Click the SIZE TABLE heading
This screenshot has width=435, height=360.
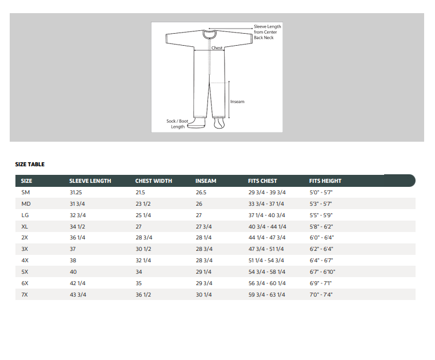pyautogui.click(x=30, y=164)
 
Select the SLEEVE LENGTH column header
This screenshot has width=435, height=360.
pyautogui.click(x=90, y=181)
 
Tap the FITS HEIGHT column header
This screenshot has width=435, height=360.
pyautogui.click(x=325, y=181)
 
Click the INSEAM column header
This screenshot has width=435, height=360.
pyautogui.click(x=206, y=181)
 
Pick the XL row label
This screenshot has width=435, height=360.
pyautogui.click(x=25, y=227)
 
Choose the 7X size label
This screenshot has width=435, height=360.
pyautogui.click(x=25, y=294)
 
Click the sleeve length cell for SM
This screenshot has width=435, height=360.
pyautogui.click(x=75, y=193)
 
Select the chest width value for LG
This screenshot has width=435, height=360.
pyautogui.click(x=143, y=215)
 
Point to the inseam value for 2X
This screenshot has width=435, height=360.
pyautogui.click(x=203, y=238)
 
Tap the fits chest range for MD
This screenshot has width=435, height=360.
pyautogui.click(x=266, y=204)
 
